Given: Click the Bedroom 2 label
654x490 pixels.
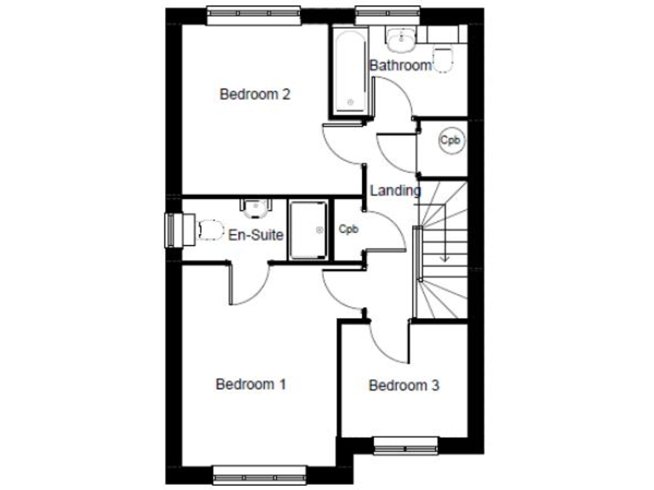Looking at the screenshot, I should point(255,94).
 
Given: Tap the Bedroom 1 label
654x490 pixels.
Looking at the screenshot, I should point(250,385).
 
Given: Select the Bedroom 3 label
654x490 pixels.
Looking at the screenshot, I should point(404,386).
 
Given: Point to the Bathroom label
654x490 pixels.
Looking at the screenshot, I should point(399,66).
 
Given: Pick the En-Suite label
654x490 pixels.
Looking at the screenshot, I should point(255,234).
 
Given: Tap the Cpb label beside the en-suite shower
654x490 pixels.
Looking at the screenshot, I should point(348,230).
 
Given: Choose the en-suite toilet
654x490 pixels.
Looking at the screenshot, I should point(208,229).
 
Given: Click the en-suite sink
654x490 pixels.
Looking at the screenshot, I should point(255,206).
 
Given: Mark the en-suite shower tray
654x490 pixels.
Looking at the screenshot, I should point(308,230).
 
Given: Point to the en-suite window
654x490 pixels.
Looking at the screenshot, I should point(174,230).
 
